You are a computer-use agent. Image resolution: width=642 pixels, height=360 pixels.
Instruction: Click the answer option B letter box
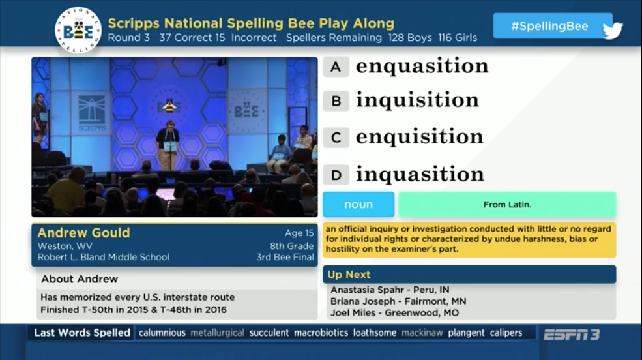coord(336,100)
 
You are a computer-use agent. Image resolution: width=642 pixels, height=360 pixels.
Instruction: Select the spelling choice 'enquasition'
coord(422,65)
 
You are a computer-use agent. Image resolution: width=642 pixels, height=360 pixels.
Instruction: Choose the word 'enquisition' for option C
coord(419,136)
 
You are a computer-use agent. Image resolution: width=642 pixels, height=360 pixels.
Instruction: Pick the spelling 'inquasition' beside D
coord(420,174)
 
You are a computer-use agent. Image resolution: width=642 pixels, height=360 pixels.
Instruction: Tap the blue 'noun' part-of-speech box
coord(358,204)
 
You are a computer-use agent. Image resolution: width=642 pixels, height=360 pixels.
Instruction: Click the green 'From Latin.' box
coord(507,204)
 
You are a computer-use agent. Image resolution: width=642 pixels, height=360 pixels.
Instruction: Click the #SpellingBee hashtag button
coord(549,26)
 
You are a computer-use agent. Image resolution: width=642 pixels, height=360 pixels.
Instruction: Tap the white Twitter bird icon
coord(613,30)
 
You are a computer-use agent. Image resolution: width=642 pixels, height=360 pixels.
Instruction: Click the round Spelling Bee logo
coord(78,30)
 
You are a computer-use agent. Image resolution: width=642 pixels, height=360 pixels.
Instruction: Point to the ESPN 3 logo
coord(572,335)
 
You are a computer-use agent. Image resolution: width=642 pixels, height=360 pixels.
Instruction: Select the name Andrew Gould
coord(83,233)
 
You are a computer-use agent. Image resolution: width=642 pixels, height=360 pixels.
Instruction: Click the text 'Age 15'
coord(299,233)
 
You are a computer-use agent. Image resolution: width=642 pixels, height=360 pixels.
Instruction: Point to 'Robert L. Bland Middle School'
coord(103,257)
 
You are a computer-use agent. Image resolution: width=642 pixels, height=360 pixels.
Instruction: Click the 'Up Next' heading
coord(349,275)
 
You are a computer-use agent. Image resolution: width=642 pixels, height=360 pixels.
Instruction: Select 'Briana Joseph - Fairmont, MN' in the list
coord(398,301)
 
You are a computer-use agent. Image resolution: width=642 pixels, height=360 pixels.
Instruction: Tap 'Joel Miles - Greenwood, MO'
coord(395,313)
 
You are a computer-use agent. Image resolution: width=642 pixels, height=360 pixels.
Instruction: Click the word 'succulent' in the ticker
coord(269,333)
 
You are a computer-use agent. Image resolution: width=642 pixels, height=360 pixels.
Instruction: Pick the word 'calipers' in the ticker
coord(506,333)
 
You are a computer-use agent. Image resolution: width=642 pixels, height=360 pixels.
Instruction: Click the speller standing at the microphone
coord(168,144)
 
